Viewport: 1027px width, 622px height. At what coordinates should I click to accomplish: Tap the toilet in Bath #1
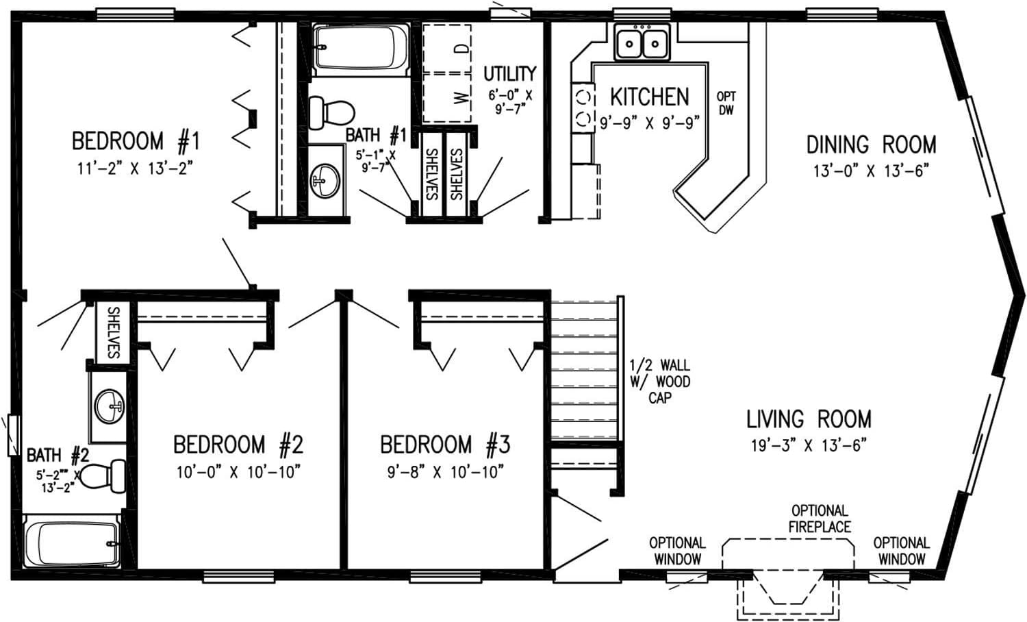[x=329, y=112]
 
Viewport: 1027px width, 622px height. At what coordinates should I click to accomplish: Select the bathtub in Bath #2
[x=72, y=543]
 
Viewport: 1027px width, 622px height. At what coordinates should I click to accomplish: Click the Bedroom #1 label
[x=135, y=142]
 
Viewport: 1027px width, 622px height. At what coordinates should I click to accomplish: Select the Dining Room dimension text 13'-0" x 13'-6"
[x=870, y=171]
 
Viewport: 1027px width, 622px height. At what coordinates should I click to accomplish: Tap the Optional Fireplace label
[x=819, y=519]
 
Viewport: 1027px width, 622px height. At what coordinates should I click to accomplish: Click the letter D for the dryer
[x=463, y=49]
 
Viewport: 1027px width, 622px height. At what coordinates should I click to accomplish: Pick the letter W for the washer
[x=463, y=97]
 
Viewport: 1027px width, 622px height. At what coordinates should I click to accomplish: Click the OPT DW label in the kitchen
[x=726, y=103]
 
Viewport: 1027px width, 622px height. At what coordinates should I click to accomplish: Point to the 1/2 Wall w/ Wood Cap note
[x=660, y=382]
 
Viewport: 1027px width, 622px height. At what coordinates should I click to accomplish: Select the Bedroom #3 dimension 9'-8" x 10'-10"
[x=446, y=472]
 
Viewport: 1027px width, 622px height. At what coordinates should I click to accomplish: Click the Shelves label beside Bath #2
[x=113, y=332]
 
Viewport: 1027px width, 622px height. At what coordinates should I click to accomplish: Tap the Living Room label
[x=809, y=419]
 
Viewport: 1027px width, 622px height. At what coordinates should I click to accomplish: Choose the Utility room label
[x=509, y=73]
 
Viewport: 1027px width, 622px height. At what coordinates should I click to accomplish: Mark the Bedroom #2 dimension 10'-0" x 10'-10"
[x=238, y=472]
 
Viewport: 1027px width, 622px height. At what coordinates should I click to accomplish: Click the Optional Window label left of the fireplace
[x=676, y=551]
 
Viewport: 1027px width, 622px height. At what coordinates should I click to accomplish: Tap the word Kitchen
[x=649, y=97]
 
